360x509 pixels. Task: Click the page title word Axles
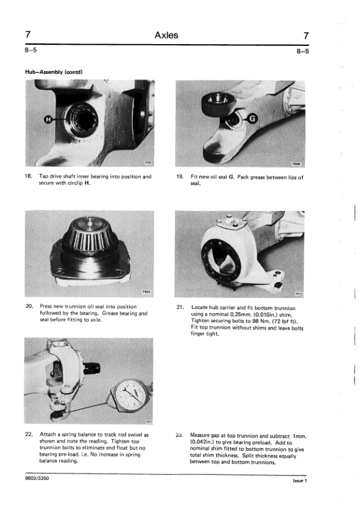click(166, 35)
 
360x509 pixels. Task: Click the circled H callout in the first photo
click(48, 120)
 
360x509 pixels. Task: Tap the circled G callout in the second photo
click(252, 119)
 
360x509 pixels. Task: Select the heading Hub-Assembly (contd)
click(54, 72)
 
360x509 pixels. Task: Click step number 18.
click(28, 177)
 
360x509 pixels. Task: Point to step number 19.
click(180, 177)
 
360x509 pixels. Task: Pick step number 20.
click(29, 306)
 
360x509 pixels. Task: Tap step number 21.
click(181, 307)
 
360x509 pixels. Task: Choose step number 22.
click(29, 434)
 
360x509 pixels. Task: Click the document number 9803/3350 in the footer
click(37, 478)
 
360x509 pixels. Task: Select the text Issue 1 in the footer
click(300, 481)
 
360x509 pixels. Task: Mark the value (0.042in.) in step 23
click(202, 443)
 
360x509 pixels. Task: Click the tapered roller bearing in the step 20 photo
click(91, 236)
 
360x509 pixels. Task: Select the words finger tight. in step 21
click(205, 334)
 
